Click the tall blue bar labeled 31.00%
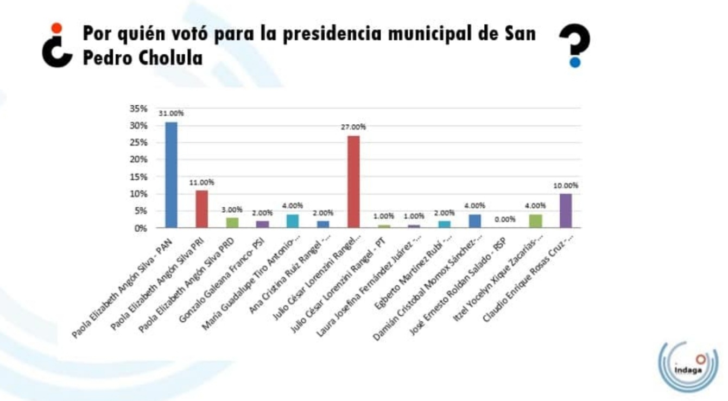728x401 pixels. tap(171, 175)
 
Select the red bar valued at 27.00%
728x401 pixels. tap(353, 181)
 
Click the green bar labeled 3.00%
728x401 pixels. tap(232, 222)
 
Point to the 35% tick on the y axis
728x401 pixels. tap(138, 109)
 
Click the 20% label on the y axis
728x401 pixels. tap(138, 160)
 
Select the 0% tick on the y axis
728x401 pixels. tap(141, 228)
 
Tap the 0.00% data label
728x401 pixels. tap(505, 219)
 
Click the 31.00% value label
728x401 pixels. tap(171, 113)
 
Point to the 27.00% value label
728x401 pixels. tap(353, 127)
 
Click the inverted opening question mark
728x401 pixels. tap(57, 46)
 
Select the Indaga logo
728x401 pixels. tap(688, 366)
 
